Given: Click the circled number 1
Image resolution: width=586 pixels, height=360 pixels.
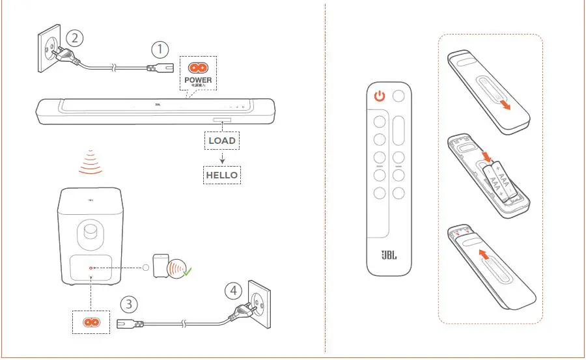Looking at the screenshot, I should coord(160,49).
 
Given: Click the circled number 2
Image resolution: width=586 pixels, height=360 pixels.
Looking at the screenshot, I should coord(76,38).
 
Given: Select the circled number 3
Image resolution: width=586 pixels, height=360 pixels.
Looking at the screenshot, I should coord(130,303).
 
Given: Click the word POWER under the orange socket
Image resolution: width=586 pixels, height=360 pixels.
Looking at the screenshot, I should coord(198,80).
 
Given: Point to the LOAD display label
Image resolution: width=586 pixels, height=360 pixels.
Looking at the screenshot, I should coord(221,140).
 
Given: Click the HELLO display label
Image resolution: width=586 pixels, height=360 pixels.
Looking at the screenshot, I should coord(221,174).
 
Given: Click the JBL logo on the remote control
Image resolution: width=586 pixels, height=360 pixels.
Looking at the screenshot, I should coord(389,255).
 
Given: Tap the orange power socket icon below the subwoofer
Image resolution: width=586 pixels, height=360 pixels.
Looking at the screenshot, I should coord(91,322).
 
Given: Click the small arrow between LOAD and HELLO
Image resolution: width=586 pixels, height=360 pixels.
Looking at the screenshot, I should coord(222,158).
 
